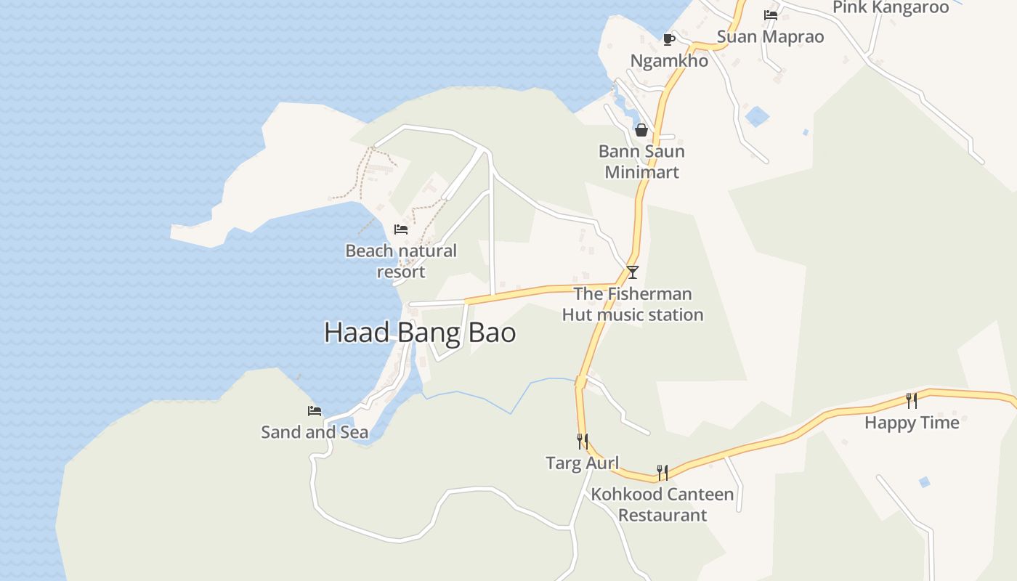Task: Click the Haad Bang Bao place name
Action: tap(420, 333)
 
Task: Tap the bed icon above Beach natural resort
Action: tap(400, 229)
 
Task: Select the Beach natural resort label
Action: tap(401, 261)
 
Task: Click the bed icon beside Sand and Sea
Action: tap(315, 411)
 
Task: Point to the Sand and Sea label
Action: tap(315, 432)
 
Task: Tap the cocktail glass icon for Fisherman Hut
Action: tap(633, 272)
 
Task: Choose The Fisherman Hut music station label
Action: tap(633, 304)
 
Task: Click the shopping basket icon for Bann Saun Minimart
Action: tap(641, 130)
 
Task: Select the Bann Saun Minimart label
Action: tap(641, 162)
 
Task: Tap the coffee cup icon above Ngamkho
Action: tap(669, 39)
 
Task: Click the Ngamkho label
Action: tap(669, 61)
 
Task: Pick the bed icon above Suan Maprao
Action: tap(771, 15)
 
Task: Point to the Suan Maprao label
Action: tap(771, 36)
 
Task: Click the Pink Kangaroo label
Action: tap(891, 7)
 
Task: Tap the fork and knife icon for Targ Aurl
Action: tap(583, 442)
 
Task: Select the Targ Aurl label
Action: tap(583, 463)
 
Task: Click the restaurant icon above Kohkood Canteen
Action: tap(663, 473)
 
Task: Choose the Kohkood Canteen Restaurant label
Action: tap(663, 505)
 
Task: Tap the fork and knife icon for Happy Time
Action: tap(912, 400)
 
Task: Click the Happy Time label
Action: tap(912, 423)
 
